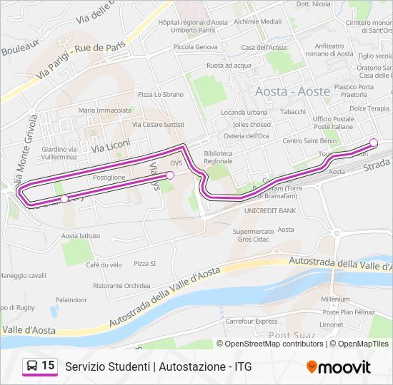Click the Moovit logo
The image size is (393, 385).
click(x=339, y=367)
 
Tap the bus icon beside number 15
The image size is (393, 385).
click(x=32, y=366)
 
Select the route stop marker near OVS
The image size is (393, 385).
click(x=170, y=175)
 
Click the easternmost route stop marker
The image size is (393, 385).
click(x=374, y=142)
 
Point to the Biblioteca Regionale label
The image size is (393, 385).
click(x=218, y=157)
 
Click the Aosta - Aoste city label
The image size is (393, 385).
click(x=292, y=91)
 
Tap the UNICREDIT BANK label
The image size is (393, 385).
click(x=270, y=211)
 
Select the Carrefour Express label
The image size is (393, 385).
click(x=252, y=321)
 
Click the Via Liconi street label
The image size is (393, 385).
click(x=111, y=145)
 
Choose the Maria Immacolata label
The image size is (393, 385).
click(x=105, y=111)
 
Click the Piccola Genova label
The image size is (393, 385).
click(x=196, y=47)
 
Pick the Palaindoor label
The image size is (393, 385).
click(x=71, y=300)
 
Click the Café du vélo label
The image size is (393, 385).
click(x=104, y=265)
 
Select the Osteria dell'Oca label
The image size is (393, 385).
click(x=247, y=135)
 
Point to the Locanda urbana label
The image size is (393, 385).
click(x=244, y=113)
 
